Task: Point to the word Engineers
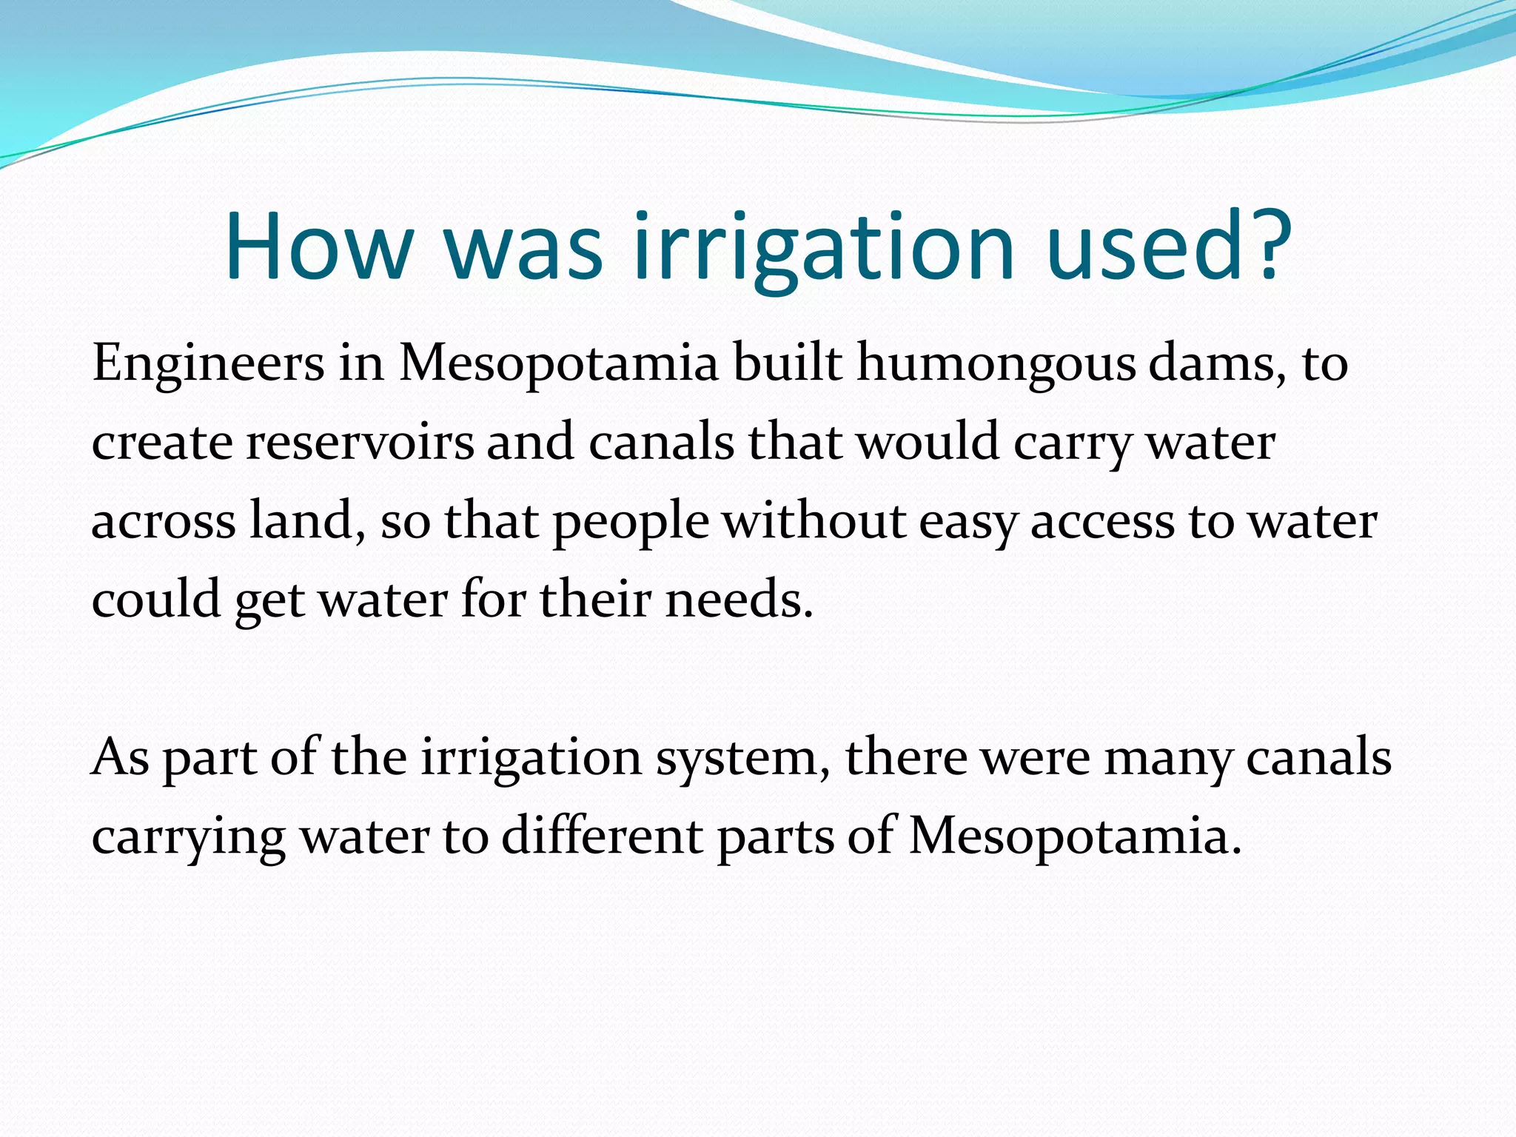tap(208, 364)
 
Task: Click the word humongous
tap(996, 364)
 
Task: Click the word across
tap(163, 521)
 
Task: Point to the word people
tap(631, 521)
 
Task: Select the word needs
tap(733, 600)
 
